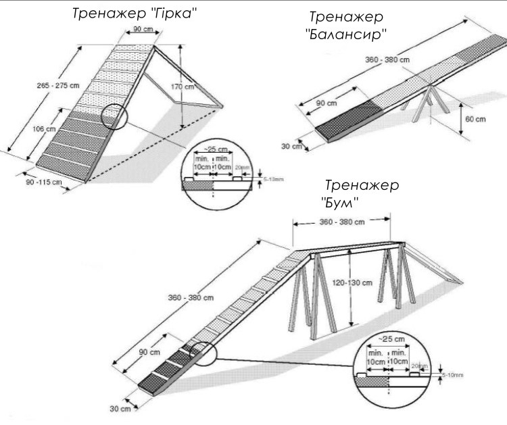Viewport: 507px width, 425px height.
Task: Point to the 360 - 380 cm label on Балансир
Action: [x=387, y=60]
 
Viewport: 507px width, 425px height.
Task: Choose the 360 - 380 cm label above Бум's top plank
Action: [x=341, y=222]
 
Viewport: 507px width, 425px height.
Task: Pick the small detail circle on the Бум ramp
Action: [x=201, y=355]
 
